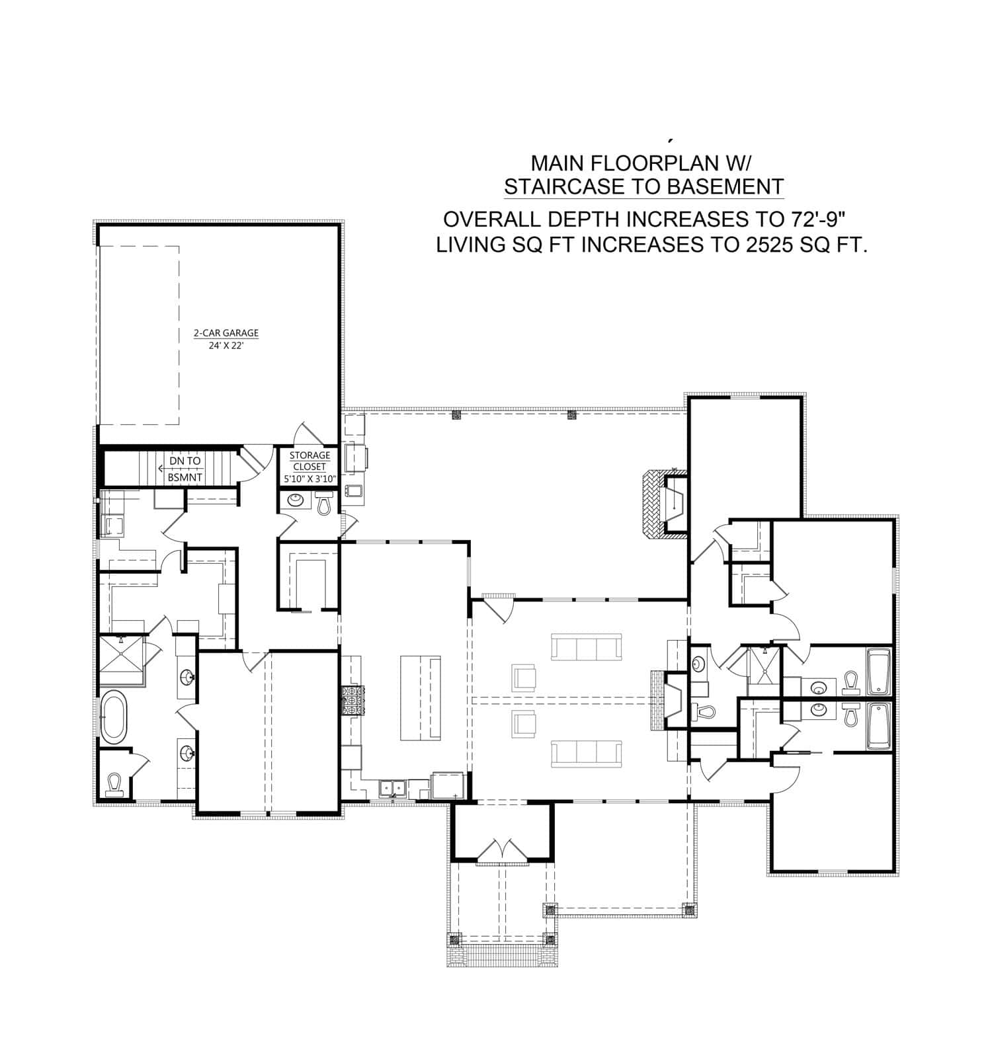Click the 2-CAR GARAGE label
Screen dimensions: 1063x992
pyautogui.click(x=226, y=333)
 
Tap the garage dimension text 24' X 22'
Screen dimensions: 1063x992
pyautogui.click(x=226, y=345)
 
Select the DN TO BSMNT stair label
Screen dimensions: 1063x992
pyautogui.click(x=185, y=469)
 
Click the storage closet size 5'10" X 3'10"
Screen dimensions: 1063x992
pyautogui.click(x=310, y=479)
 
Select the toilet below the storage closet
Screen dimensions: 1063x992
pyautogui.click(x=323, y=504)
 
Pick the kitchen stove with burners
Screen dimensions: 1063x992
pyautogui.click(x=352, y=701)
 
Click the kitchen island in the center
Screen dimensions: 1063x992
pyautogui.click(x=421, y=698)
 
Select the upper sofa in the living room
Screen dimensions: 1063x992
pyautogui.click(x=586, y=647)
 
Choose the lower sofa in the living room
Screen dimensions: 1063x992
pyautogui.click(x=586, y=754)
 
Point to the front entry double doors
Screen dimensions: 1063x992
pyautogui.click(x=503, y=851)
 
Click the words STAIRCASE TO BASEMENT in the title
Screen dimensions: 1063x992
pyautogui.click(x=643, y=187)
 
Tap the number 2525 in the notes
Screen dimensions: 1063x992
pyautogui.click(x=768, y=245)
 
